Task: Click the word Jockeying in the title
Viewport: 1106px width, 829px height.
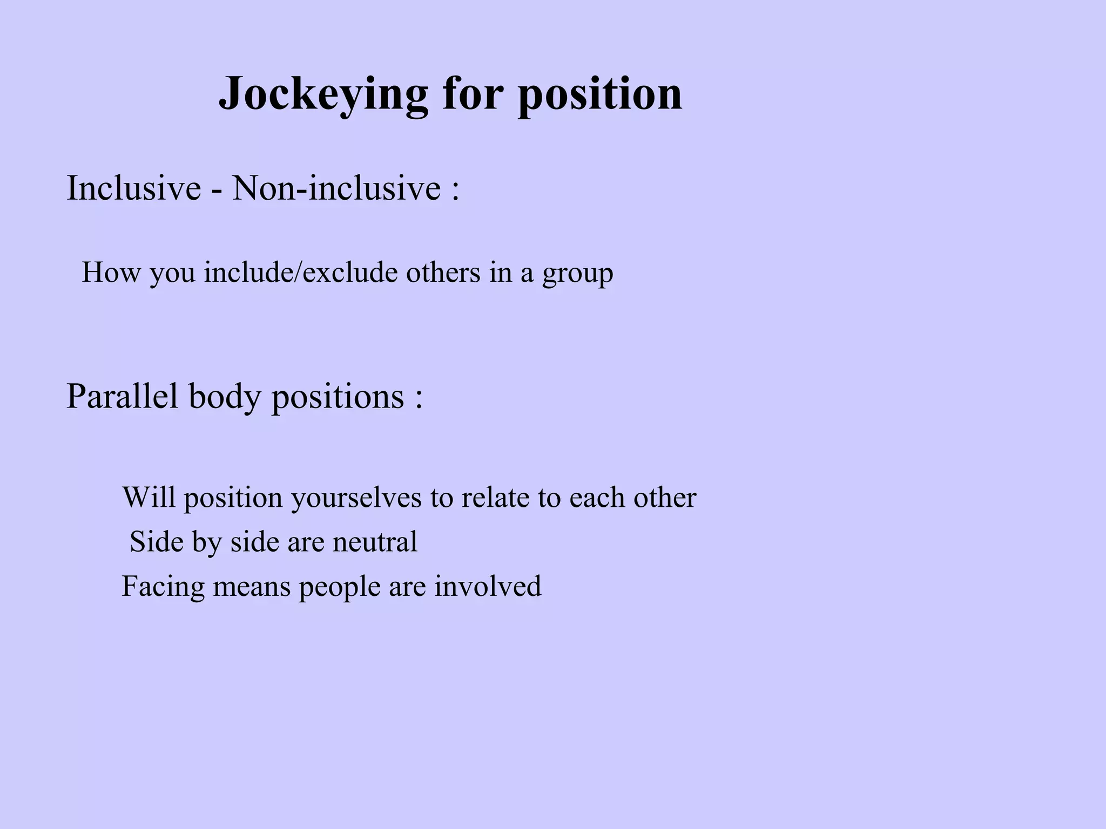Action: point(323,94)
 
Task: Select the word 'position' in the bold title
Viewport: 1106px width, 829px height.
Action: point(600,94)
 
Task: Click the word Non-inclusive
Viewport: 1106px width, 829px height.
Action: point(336,188)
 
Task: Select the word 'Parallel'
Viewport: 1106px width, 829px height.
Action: point(122,396)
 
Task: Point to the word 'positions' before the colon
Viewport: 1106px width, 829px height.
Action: point(338,397)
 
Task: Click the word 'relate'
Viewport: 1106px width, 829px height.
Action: point(495,497)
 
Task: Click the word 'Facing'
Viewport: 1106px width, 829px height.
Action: point(163,587)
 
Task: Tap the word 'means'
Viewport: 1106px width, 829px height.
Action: point(252,587)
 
